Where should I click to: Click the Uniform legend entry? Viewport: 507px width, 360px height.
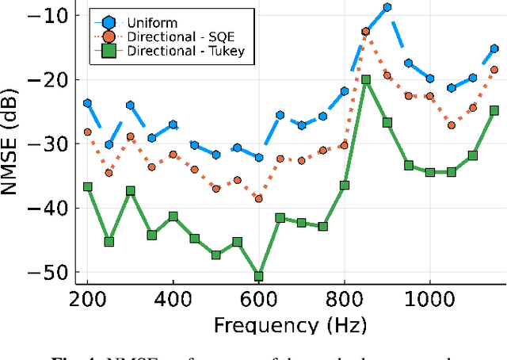pos(155,22)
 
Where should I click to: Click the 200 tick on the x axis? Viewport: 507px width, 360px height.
pos(87,301)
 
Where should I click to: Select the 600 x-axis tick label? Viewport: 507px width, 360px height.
pos(258,301)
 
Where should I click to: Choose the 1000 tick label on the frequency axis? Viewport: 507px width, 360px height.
pos(429,301)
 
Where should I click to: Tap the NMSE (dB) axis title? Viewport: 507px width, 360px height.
pos(16,143)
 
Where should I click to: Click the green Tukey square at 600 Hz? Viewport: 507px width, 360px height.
pos(258,276)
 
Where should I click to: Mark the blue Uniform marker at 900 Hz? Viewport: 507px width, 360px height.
pos(387,7)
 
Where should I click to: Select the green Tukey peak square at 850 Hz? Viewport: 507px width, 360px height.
pos(366,80)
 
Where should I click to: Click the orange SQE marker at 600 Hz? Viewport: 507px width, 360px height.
pos(258,198)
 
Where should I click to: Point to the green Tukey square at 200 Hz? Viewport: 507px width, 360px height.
pos(87,186)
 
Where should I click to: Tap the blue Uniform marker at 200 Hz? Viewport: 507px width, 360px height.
pos(87,103)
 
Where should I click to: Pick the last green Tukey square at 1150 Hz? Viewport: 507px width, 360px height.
pos(494,110)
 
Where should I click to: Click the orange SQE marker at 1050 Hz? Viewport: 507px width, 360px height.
pos(452,125)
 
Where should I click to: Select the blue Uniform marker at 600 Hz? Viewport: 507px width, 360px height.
pos(258,157)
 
